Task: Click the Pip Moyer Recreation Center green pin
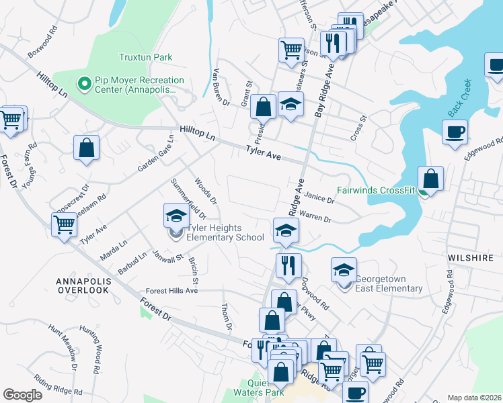(x=85, y=83)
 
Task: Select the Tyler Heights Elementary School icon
(x=176, y=216)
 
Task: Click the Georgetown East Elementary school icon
(x=344, y=270)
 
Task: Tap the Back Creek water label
(x=459, y=98)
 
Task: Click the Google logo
(x=23, y=395)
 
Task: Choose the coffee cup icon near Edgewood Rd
(x=455, y=131)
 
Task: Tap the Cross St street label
(x=358, y=127)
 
